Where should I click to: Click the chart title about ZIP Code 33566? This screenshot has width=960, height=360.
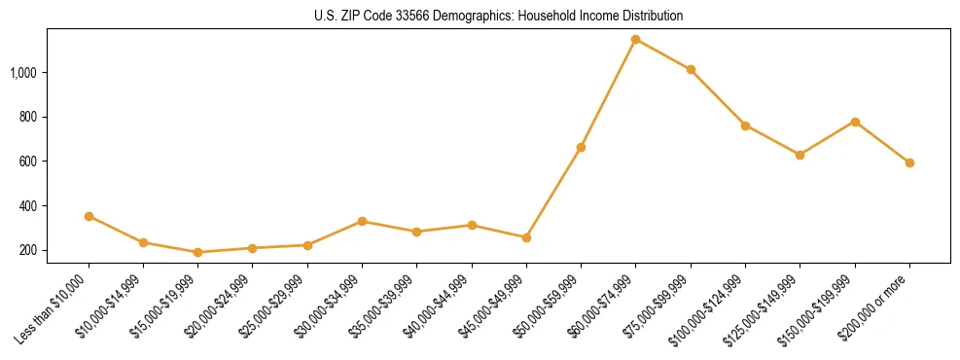tap(499, 17)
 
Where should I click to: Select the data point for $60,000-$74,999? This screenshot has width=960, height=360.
tap(635, 40)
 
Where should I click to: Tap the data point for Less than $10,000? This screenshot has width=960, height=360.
tap(89, 216)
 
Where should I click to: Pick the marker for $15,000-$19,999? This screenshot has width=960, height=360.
tap(198, 252)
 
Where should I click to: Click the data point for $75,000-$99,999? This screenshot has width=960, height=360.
tap(691, 70)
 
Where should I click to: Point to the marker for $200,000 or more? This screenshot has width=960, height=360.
tap(909, 162)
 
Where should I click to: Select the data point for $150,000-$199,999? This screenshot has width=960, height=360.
tap(855, 122)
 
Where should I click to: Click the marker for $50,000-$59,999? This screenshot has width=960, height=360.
tap(581, 147)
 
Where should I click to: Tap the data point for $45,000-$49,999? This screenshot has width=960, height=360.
tap(526, 237)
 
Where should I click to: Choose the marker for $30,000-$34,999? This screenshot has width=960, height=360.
tap(362, 221)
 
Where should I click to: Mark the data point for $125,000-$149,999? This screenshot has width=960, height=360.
tap(800, 155)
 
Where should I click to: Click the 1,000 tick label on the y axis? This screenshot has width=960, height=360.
tap(23, 73)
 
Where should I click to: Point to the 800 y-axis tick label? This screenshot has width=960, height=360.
tap(28, 117)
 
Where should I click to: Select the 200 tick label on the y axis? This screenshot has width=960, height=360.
tap(28, 250)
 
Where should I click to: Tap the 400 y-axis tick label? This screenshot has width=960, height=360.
tap(28, 206)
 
